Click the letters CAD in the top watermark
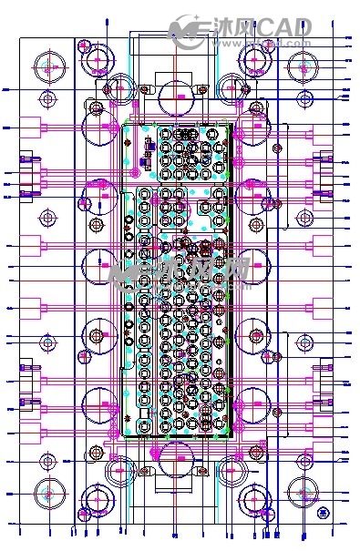pos(283,27)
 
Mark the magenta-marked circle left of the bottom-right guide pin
pos(252,498)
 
